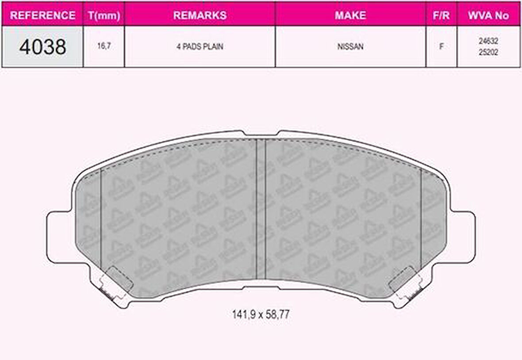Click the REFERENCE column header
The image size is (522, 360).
pyautogui.click(x=42, y=15)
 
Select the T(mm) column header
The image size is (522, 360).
pyautogui.click(x=104, y=15)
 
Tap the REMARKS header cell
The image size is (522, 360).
pyautogui.click(x=200, y=15)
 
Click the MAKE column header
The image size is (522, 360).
pyautogui.click(x=350, y=15)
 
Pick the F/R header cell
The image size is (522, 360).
pyautogui.click(x=441, y=15)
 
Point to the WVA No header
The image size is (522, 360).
pyautogui.click(x=488, y=15)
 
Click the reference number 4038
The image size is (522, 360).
pyautogui.click(x=42, y=47)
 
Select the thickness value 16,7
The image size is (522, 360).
pyautogui.click(x=104, y=46)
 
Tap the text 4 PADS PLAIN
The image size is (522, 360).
pyautogui.click(x=200, y=46)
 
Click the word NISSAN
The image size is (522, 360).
pyautogui.click(x=350, y=46)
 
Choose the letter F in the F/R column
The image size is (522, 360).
pyautogui.click(x=441, y=46)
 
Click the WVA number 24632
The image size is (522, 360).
pyautogui.click(x=488, y=41)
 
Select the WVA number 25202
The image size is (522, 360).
pyautogui.click(x=488, y=52)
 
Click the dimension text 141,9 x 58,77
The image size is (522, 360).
pyautogui.click(x=261, y=314)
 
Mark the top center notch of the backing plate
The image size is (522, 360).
pyautogui.click(x=261, y=134)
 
